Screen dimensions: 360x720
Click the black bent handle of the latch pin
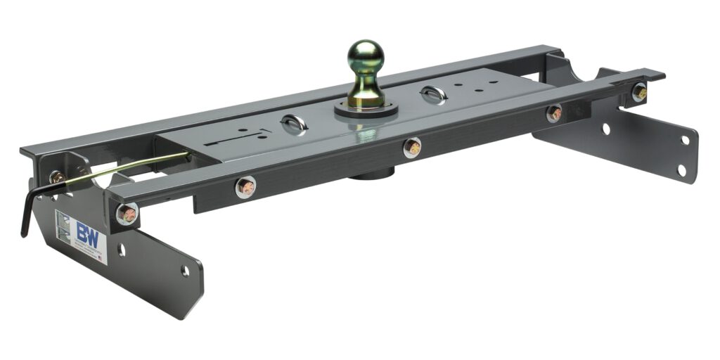[x=27, y=211]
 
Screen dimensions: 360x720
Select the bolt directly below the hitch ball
[x=411, y=147]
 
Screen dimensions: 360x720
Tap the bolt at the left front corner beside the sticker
[x=127, y=213]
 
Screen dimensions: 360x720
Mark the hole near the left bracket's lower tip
[x=185, y=270]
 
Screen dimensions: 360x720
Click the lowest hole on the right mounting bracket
[x=681, y=169]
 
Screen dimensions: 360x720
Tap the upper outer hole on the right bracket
[x=685, y=140]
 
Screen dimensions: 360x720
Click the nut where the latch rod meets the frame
[x=57, y=176]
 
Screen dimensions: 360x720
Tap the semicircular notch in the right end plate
[x=581, y=70]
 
